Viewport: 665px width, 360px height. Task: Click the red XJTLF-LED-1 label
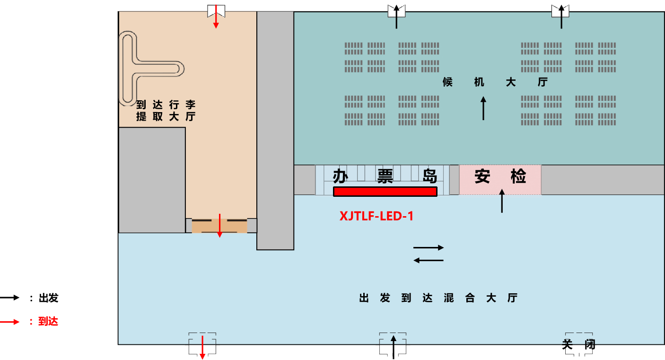(x=376, y=216)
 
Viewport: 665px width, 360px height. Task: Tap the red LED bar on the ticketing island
(x=385, y=192)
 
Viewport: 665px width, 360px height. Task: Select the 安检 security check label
(x=500, y=177)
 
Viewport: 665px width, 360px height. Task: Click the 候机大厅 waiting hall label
(x=495, y=82)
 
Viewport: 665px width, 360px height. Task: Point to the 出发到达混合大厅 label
(x=438, y=298)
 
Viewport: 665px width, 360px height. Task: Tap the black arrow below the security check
(x=502, y=201)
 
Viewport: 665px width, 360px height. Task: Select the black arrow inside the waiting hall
(x=483, y=108)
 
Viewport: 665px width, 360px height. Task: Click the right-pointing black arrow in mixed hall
(x=429, y=247)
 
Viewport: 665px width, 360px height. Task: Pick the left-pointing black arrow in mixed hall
(x=429, y=260)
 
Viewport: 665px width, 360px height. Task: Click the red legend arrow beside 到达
(x=10, y=322)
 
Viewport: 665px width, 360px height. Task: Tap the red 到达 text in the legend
(x=48, y=322)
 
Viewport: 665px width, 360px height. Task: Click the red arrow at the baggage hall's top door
(x=216, y=17)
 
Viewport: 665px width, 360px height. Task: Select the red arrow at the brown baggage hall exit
(x=219, y=226)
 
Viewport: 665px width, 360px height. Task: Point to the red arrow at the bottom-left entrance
(x=202, y=347)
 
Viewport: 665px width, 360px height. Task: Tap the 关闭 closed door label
(x=578, y=344)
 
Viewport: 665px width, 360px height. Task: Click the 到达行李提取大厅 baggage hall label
(x=166, y=110)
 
